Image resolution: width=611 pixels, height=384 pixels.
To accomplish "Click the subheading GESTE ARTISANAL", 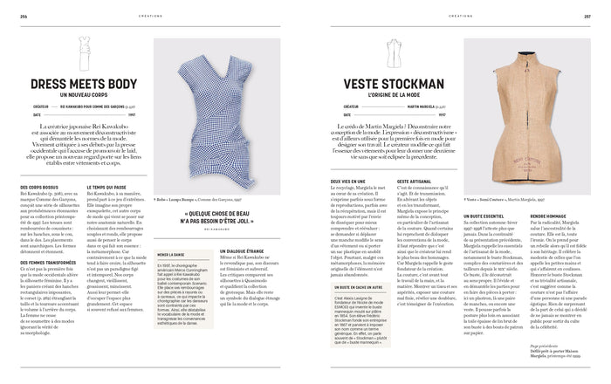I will tap(417, 182).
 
